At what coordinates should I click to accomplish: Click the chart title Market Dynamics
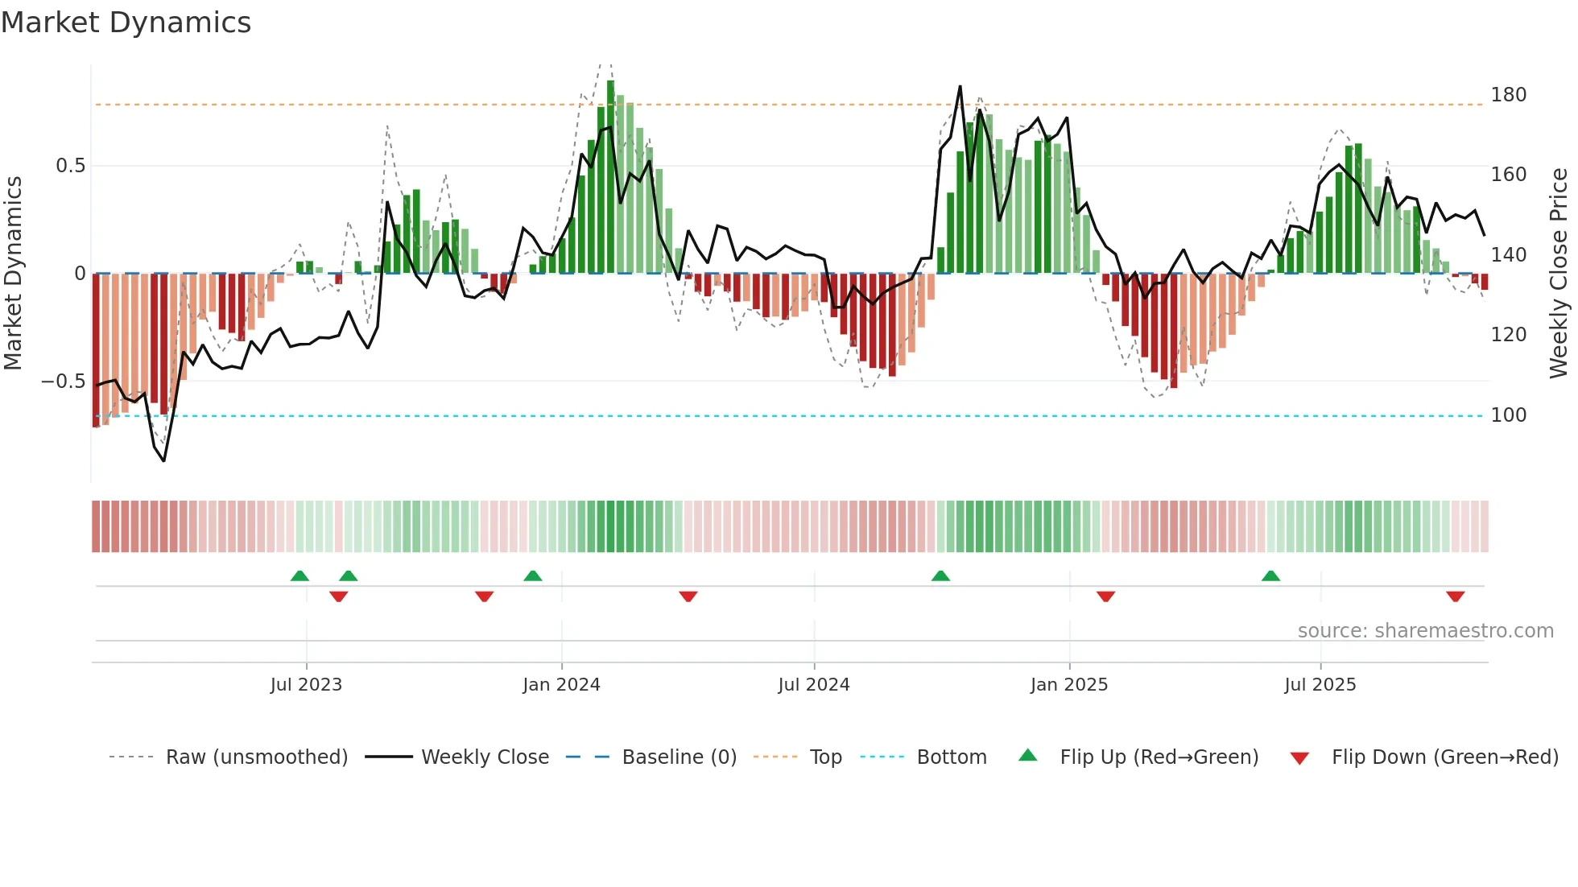[126, 23]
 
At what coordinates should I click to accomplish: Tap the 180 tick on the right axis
[1508, 95]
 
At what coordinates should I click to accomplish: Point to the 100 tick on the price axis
[1508, 415]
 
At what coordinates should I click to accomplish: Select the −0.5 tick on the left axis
[63, 382]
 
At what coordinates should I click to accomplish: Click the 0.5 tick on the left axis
[70, 166]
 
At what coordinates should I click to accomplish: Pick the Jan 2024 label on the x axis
[561, 685]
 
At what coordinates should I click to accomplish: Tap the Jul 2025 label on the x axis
[1320, 685]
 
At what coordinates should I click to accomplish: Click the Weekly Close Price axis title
[1559, 274]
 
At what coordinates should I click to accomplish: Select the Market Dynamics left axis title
[13, 274]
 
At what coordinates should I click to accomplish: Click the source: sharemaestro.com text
[1425, 631]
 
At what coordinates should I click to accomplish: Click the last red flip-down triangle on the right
[1455, 596]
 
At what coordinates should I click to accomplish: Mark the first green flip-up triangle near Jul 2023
[299, 576]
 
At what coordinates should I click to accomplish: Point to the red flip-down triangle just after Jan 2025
[1105, 596]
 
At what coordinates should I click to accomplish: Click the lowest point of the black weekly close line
[164, 460]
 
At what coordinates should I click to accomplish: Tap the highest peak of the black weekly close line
[960, 87]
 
